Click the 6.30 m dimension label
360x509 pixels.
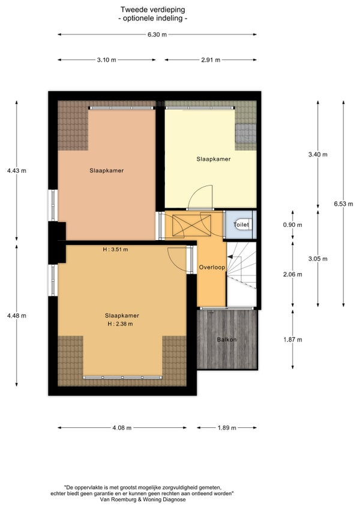pos(157,34)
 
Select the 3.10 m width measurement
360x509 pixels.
pos(106,60)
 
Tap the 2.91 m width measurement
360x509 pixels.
pos(211,60)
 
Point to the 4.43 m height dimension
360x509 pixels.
pos(17,170)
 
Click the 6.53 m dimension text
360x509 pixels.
pos(343,204)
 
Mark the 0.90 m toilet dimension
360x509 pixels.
pos(292,224)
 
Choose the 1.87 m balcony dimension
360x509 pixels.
pos(292,340)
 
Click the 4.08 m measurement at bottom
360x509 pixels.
pos(122,427)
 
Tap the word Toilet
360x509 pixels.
pos(241,224)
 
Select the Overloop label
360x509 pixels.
pos(212,268)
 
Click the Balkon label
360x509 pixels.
pos(227,340)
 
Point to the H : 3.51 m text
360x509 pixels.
pos(115,250)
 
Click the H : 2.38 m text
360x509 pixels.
pos(120,324)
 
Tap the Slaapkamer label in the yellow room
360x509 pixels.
pos(214,159)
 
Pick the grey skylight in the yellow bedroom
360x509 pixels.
pos(246,133)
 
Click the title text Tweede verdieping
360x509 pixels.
pos(153,10)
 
